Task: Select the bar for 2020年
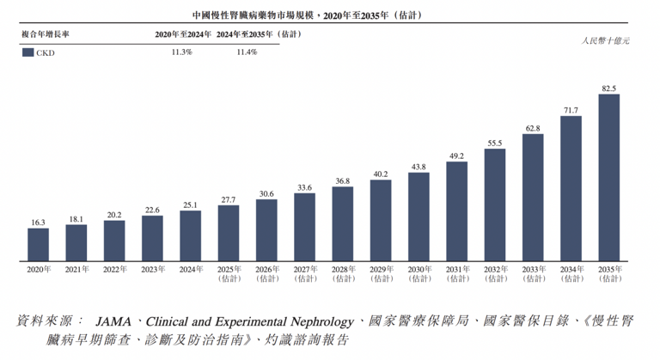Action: [x=38, y=244]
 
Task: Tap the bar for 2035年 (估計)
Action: [x=608, y=177]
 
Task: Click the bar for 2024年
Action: [x=191, y=235]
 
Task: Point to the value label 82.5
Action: [x=608, y=88]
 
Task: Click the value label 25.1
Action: [x=191, y=204]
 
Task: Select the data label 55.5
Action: [x=494, y=143]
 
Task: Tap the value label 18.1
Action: [x=76, y=219]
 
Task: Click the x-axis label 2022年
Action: [x=114, y=270]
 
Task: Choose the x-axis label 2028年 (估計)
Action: [x=342, y=274]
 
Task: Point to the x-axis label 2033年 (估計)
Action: [x=532, y=274]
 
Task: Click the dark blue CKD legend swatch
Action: [x=27, y=52]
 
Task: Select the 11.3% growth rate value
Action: [x=181, y=52]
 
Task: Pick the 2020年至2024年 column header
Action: [x=181, y=34]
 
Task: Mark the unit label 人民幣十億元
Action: [x=605, y=40]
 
